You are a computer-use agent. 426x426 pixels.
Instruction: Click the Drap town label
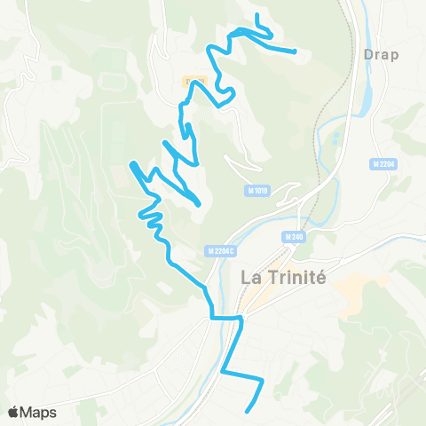(x=382, y=54)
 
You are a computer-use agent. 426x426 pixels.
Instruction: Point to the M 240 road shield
(x=295, y=236)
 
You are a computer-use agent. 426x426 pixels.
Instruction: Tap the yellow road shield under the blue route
(x=195, y=83)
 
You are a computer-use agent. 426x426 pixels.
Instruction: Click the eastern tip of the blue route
(x=295, y=51)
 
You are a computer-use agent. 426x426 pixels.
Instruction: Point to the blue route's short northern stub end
(x=256, y=15)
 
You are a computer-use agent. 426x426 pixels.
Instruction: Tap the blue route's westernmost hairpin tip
(x=132, y=163)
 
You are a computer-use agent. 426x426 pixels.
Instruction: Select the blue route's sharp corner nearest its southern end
(x=263, y=381)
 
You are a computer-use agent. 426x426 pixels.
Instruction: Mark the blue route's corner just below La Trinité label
(x=241, y=316)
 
